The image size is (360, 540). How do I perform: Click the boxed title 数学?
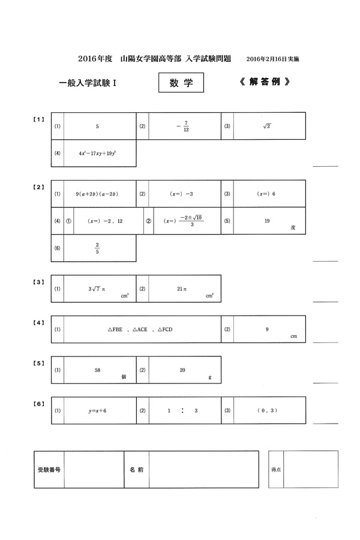click(x=181, y=83)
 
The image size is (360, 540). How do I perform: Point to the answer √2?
click(x=267, y=126)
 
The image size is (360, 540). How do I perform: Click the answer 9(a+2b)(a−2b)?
click(x=97, y=194)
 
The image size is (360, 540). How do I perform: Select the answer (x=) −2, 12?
click(x=105, y=221)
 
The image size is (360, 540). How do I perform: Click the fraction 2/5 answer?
click(x=97, y=247)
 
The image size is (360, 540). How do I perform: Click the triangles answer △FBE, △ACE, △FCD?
click(x=140, y=329)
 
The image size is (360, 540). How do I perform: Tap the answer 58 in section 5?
click(x=97, y=370)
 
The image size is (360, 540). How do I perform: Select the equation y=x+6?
click(x=97, y=411)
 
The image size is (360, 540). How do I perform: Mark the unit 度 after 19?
click(x=293, y=228)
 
